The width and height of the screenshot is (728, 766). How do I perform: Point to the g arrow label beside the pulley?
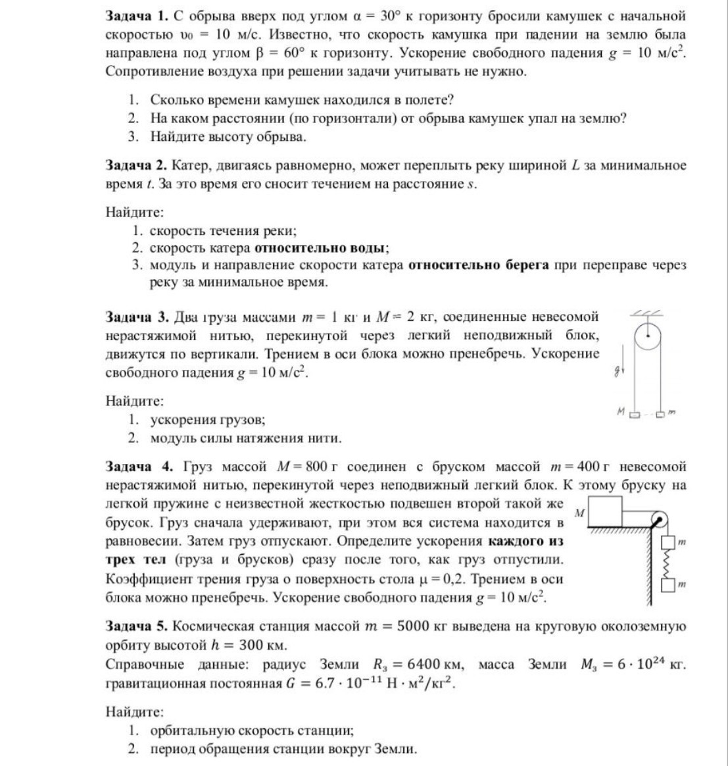pos(617,371)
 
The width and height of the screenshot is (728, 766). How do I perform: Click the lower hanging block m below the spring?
pos(668,585)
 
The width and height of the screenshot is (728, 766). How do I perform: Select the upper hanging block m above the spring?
pos(668,543)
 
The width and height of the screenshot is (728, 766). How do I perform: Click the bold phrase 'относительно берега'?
pos(478,266)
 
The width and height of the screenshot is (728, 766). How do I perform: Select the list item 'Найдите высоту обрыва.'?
pos(228,137)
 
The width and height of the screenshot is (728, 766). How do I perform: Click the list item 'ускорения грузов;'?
pos(207,419)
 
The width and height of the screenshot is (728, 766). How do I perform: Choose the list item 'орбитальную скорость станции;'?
pos(251,730)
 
